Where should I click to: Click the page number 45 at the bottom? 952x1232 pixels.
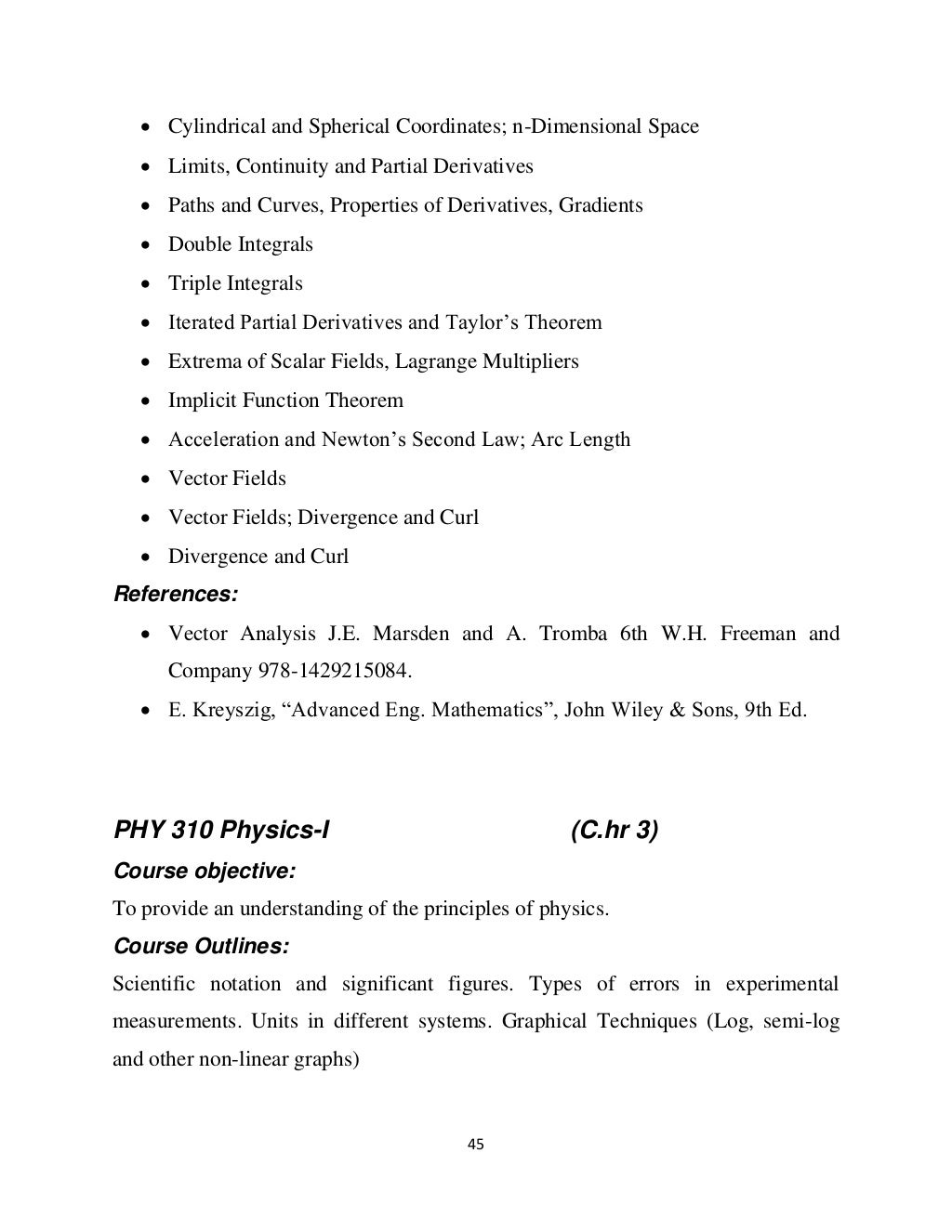[475, 1144]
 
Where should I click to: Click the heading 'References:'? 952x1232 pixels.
[175, 594]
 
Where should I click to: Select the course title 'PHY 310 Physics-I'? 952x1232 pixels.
[221, 830]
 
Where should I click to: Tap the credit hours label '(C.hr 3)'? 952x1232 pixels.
[614, 830]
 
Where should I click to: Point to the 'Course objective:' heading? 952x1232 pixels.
[204, 871]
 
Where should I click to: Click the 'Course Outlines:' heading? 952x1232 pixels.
[201, 946]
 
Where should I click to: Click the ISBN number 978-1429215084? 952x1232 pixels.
[334, 671]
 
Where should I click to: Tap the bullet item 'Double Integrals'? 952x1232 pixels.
[240, 244]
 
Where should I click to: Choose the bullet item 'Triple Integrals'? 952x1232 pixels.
[235, 283]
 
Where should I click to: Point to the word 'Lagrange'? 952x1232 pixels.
[435, 361]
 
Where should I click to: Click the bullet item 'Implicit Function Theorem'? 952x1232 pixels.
[285, 400]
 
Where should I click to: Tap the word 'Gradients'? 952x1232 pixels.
[601, 205]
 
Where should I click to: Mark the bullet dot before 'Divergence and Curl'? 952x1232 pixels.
[147, 557]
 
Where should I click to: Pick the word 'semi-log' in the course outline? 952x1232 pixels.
[801, 1021]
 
